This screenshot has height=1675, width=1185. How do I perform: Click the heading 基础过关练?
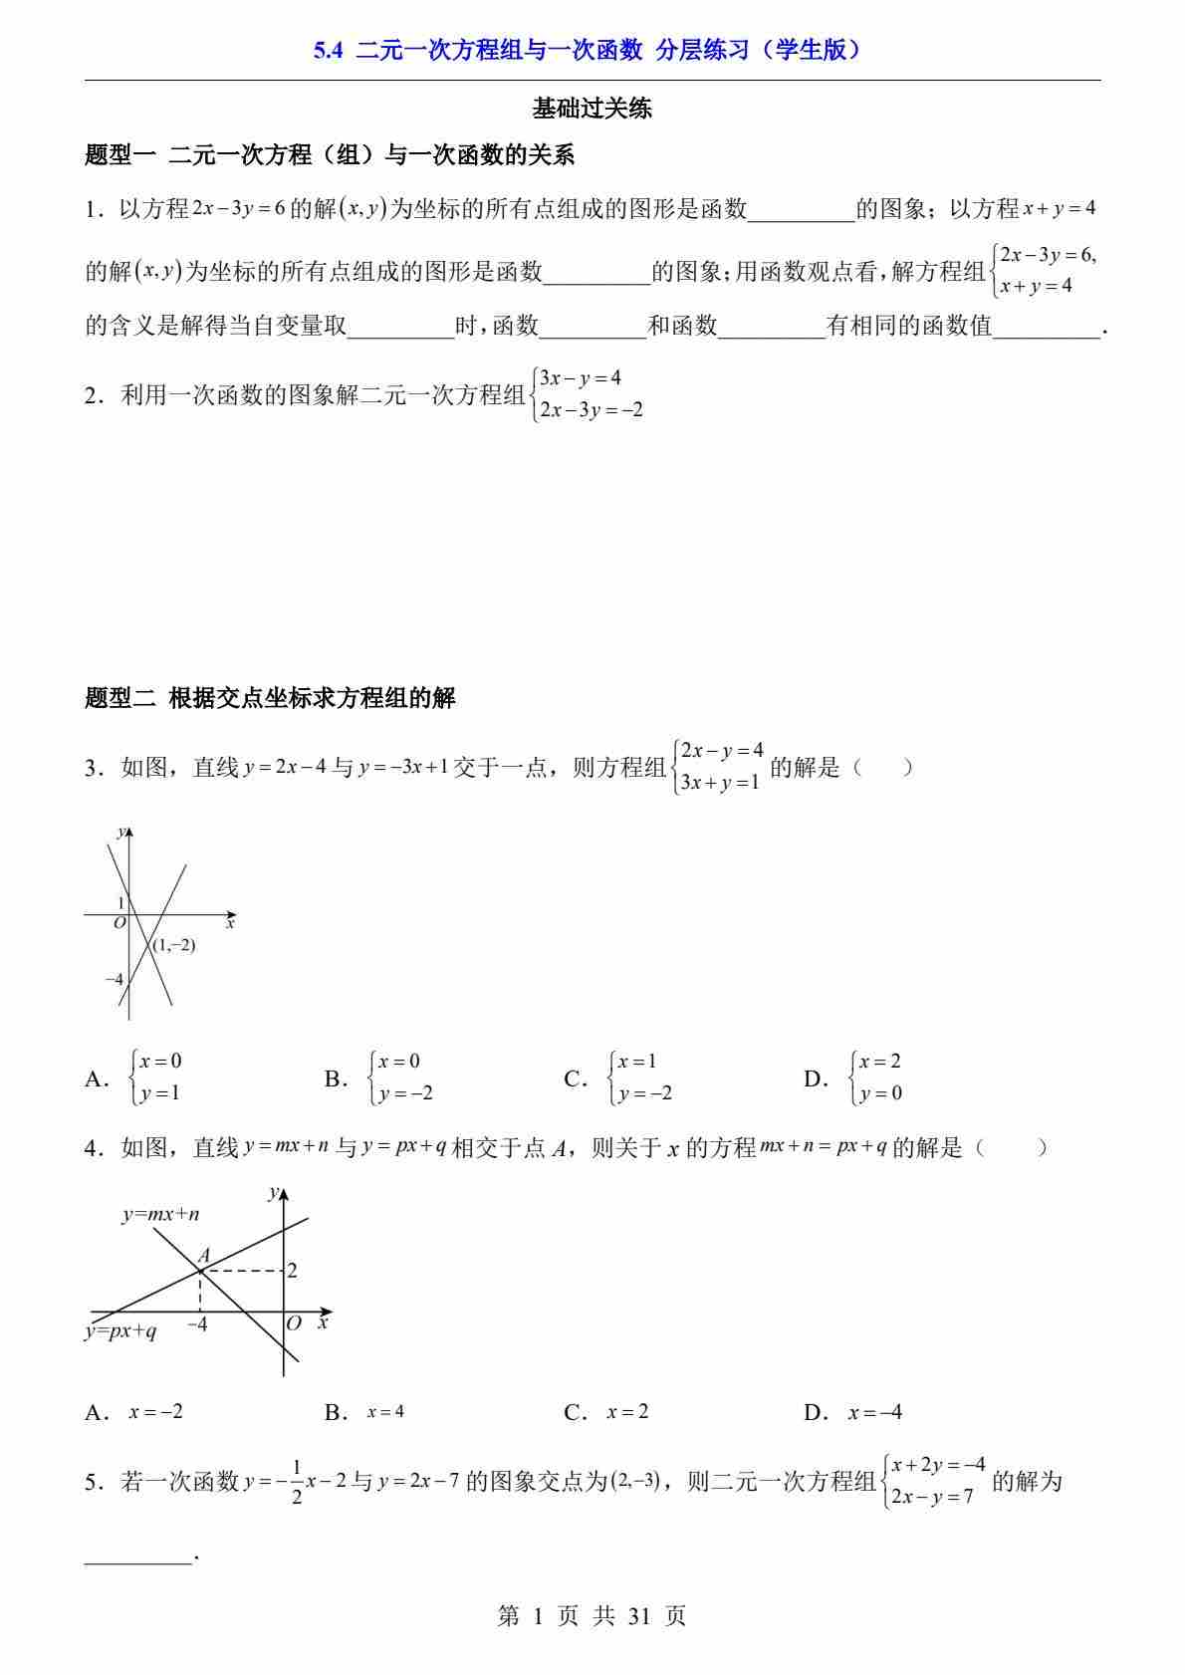592,109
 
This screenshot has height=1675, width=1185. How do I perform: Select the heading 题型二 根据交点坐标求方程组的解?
270,698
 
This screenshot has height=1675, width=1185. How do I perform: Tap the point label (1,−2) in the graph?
173,945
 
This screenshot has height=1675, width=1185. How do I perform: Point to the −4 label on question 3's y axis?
114,980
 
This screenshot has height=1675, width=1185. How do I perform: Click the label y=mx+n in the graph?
160,1214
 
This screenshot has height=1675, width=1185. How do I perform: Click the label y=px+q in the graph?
120,1331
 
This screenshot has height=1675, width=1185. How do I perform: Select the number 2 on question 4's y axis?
292,1271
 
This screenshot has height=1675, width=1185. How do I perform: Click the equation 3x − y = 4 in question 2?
581,378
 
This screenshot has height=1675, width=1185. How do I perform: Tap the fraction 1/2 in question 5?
297,1482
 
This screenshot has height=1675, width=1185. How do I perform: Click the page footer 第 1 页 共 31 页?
592,1615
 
